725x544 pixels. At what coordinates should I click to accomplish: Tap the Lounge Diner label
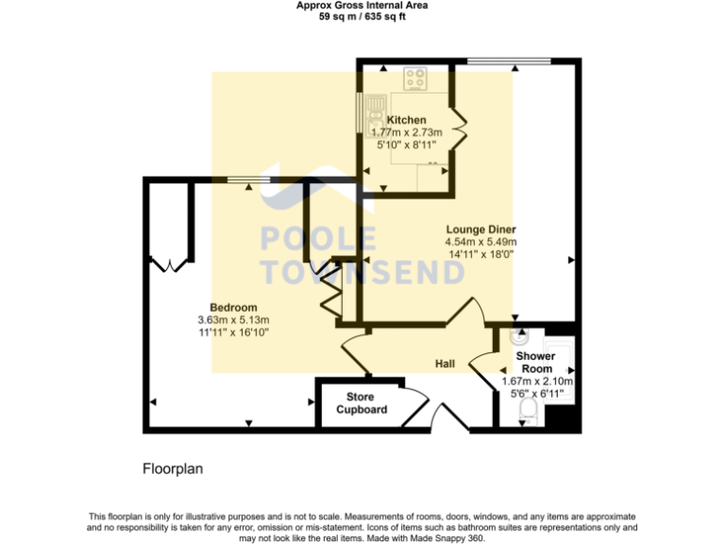click(481, 229)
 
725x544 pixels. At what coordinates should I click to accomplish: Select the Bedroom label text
click(233, 308)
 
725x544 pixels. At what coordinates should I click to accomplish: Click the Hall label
click(446, 364)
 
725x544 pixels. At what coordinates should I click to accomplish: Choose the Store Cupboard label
click(362, 403)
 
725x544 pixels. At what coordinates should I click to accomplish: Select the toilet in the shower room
click(529, 408)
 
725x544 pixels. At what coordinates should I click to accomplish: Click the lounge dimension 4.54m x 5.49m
click(481, 243)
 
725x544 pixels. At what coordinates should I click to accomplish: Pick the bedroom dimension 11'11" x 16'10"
click(233, 332)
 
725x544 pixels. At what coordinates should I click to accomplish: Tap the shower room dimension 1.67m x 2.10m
click(537, 382)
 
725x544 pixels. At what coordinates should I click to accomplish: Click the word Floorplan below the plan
click(173, 468)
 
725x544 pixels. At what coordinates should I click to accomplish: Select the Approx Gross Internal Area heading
click(362, 6)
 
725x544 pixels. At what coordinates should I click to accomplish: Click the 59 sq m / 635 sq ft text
click(362, 16)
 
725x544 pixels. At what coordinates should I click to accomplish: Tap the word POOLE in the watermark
click(318, 240)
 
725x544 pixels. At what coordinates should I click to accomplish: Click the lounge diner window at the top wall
click(510, 62)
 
